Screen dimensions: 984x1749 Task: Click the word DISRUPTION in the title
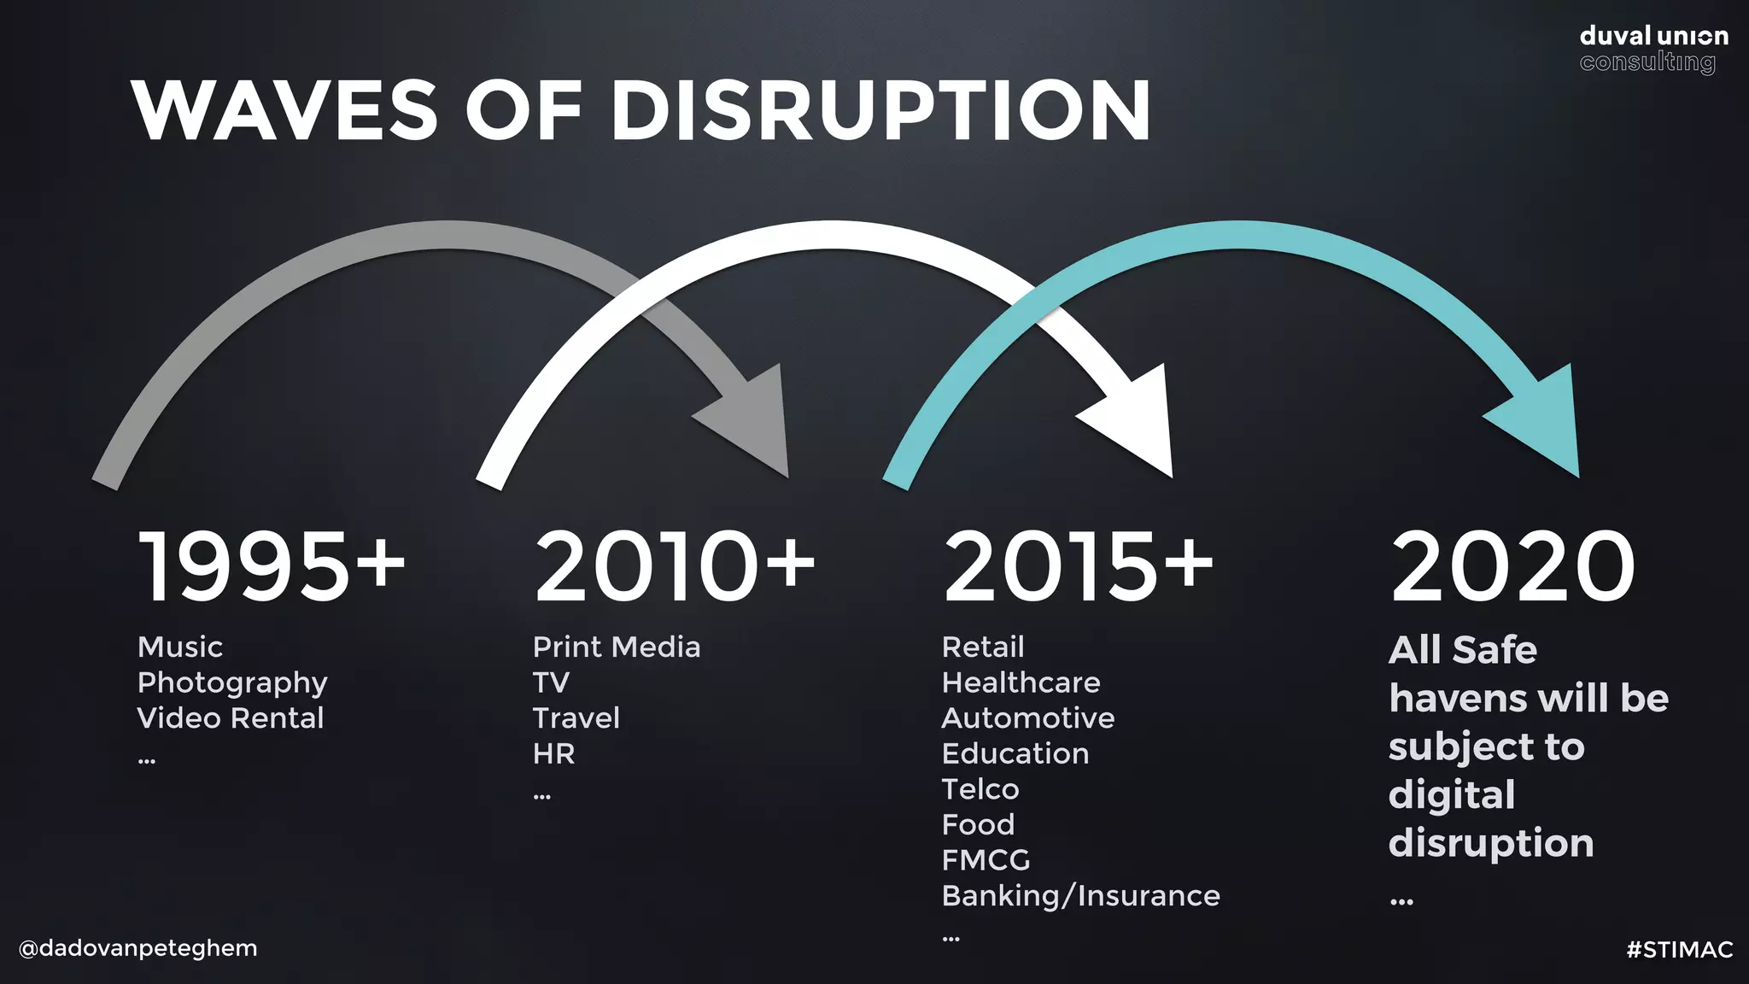[880, 110]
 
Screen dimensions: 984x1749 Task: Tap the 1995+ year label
[271, 565]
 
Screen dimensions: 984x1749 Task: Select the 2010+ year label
[674, 565]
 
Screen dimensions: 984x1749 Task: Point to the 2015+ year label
[1078, 565]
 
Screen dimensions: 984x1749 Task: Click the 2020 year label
[1512, 565]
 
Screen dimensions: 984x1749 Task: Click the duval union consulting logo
[1653, 49]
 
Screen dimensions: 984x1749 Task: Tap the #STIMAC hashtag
[1679, 950]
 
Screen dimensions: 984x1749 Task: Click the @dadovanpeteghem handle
[137, 948]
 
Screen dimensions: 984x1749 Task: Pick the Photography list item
[232, 683]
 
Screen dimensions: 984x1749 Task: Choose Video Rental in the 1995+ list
[231, 718]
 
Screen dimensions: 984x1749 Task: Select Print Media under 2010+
[616, 647]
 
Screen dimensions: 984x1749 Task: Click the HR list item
[553, 754]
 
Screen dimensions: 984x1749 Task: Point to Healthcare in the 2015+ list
[1021, 683]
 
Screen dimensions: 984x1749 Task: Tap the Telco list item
[980, 789]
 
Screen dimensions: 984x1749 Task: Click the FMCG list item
[986, 860]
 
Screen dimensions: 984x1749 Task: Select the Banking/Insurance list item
[1080, 896]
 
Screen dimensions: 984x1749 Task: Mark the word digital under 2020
[1451, 795]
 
